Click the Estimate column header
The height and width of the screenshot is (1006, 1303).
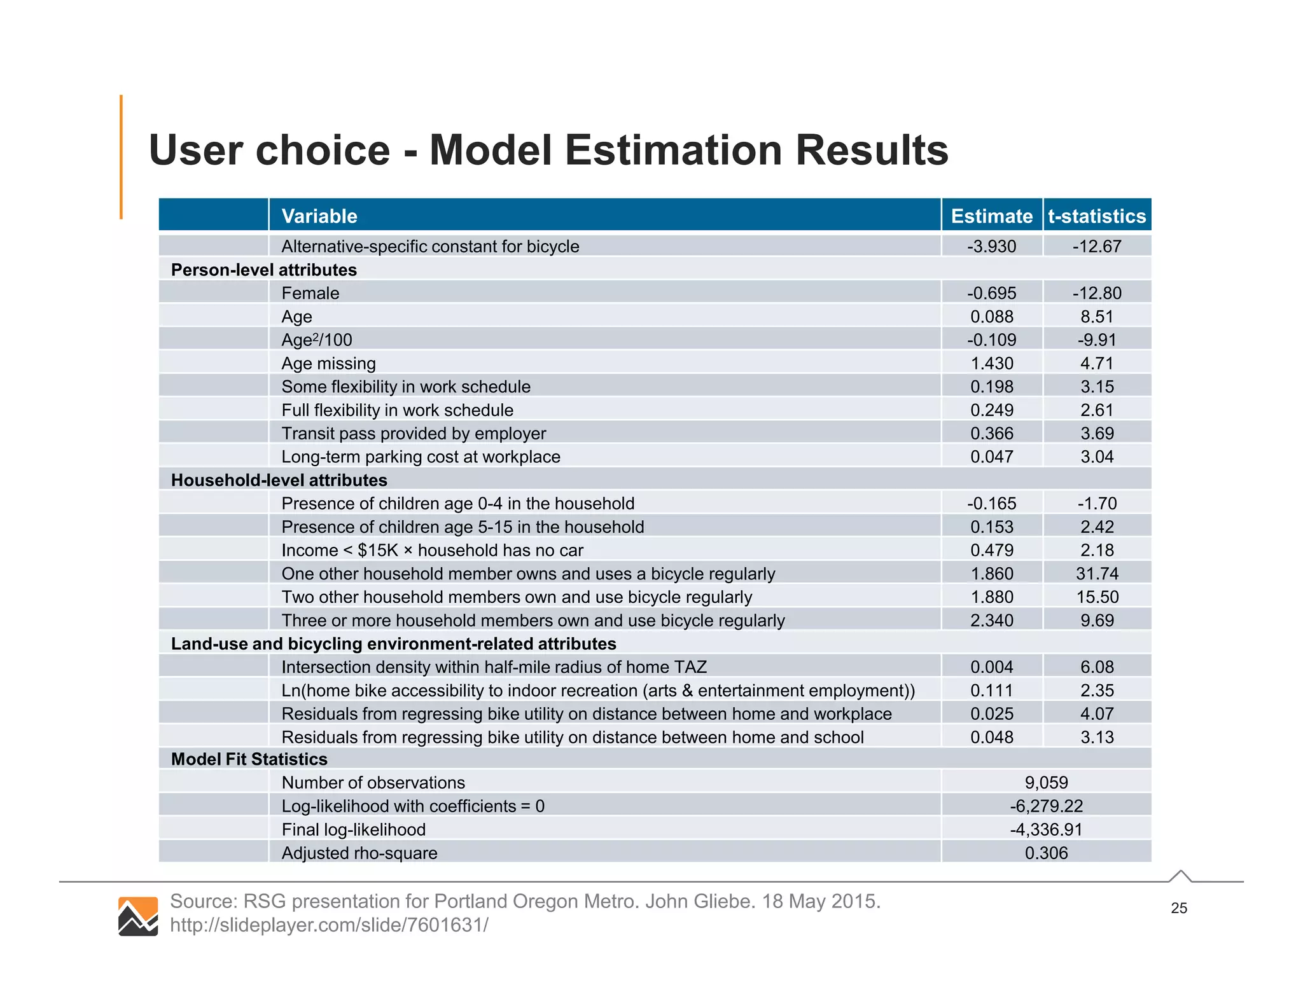click(991, 216)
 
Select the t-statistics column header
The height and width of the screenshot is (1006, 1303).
click(1097, 216)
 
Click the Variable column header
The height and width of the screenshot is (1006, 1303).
click(319, 216)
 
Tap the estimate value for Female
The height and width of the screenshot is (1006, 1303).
click(991, 293)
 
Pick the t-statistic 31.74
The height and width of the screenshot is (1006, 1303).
click(1097, 574)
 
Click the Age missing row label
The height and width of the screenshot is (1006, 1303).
click(328, 363)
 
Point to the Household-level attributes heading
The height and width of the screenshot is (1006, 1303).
click(279, 480)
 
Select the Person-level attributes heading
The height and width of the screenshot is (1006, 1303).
click(263, 270)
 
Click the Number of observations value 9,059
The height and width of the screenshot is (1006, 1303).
click(1046, 782)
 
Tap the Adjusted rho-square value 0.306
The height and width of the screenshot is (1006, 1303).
click(1046, 853)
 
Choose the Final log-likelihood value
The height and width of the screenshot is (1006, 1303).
click(1046, 829)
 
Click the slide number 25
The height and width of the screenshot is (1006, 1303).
click(1178, 908)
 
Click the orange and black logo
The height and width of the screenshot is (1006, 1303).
click(138, 916)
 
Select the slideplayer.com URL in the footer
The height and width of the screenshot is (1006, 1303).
click(329, 925)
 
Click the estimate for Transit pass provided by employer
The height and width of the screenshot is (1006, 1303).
click(991, 433)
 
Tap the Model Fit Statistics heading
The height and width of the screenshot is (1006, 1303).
click(249, 759)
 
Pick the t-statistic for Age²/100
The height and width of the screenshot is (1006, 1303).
click(1097, 340)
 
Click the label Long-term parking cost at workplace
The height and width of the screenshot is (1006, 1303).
click(421, 457)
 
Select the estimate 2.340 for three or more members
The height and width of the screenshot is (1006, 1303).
click(991, 620)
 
